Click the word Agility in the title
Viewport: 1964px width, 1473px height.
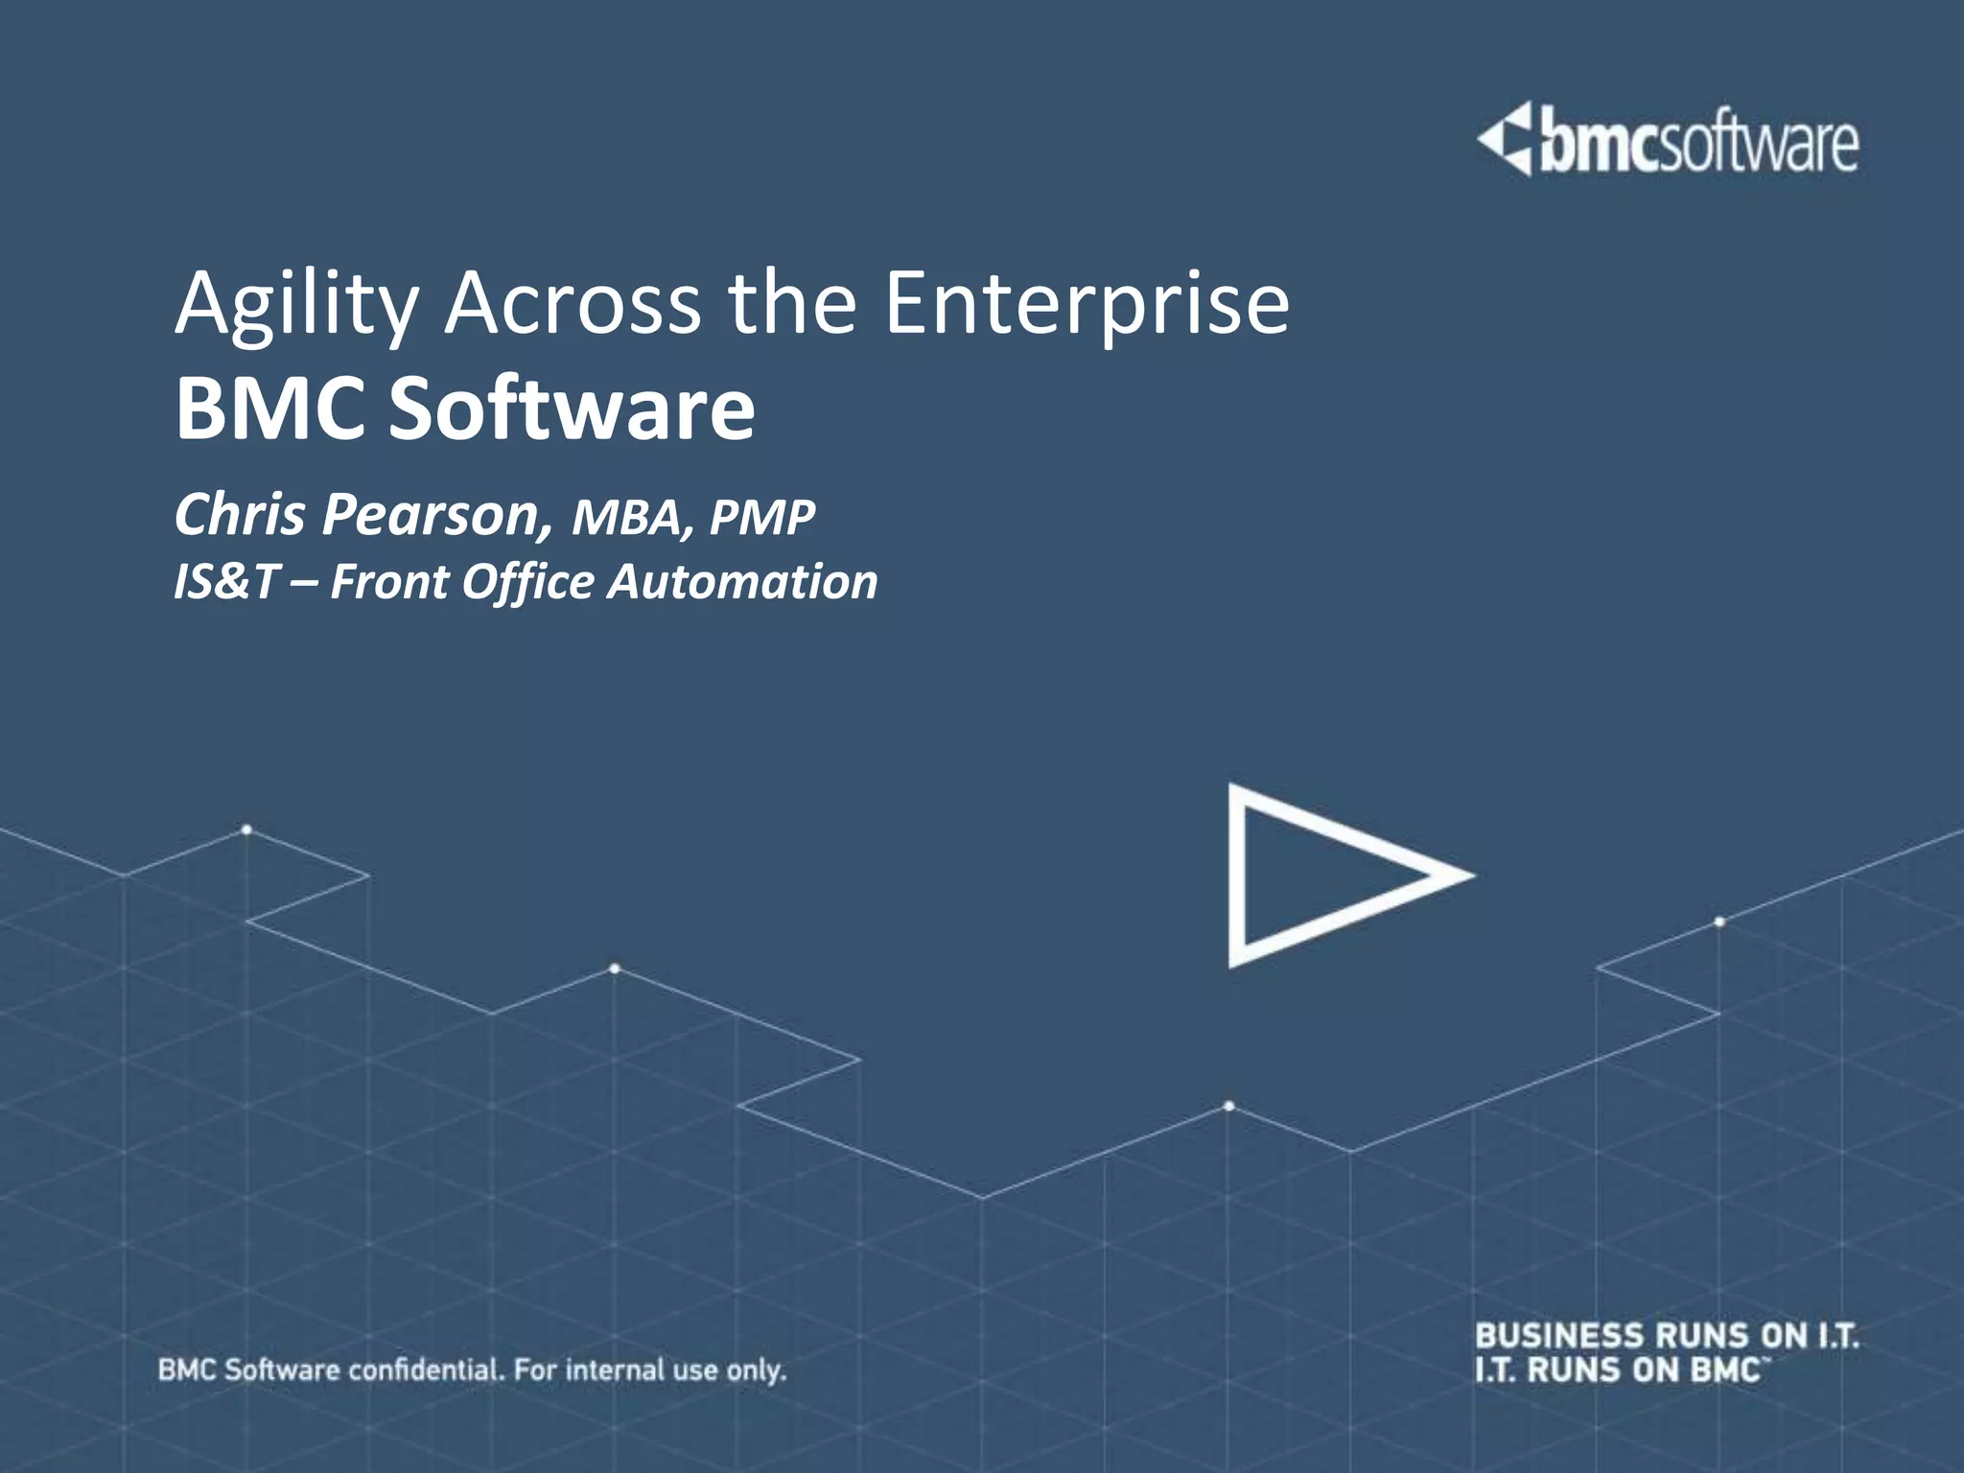tap(296, 305)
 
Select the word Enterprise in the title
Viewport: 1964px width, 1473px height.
tap(1087, 305)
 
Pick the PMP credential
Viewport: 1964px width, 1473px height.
tap(762, 518)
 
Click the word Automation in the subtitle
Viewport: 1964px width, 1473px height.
tap(742, 582)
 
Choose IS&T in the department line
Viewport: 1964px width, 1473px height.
tap(226, 582)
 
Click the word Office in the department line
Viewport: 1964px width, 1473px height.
tap(527, 582)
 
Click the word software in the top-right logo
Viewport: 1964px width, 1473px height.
tap(1759, 147)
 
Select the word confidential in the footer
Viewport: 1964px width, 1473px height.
tap(425, 1369)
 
